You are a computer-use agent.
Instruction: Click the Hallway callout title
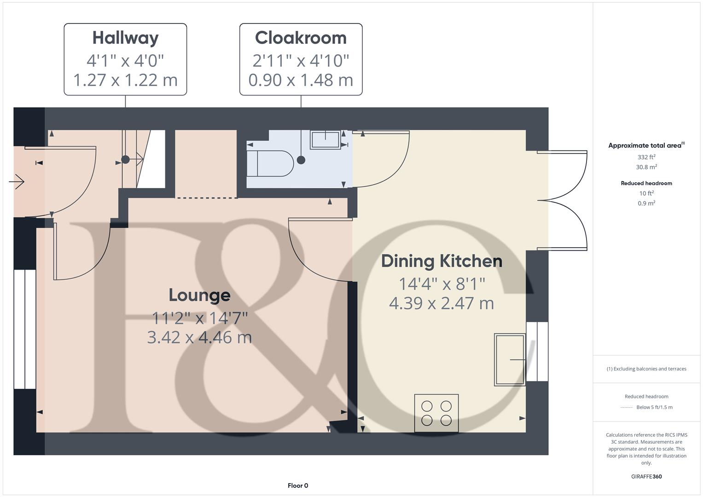(x=125, y=38)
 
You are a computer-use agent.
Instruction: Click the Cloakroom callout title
(x=301, y=38)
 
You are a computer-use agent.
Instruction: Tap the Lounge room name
(x=199, y=295)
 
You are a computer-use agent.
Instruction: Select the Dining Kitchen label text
(x=442, y=261)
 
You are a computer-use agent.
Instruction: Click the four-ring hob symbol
(x=436, y=413)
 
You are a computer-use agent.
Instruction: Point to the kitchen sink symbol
(x=510, y=359)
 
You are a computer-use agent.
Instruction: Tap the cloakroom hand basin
(x=325, y=139)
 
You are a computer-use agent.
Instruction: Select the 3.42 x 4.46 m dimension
(x=199, y=337)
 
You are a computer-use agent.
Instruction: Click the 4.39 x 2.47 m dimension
(x=442, y=303)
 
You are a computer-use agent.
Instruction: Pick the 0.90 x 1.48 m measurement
(x=301, y=80)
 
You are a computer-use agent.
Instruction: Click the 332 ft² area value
(x=646, y=157)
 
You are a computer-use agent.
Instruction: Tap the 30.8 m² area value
(x=646, y=167)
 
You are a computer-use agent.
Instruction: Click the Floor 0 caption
(x=298, y=485)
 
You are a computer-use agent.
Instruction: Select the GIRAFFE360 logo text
(x=646, y=476)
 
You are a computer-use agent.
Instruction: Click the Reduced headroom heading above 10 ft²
(x=646, y=183)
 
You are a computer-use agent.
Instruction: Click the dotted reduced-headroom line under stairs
(x=207, y=198)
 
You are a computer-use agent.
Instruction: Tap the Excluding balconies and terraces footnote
(x=646, y=369)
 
